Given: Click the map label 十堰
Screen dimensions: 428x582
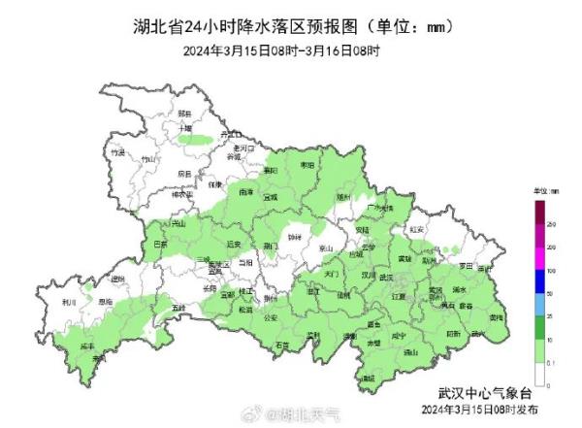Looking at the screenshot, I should (x=185, y=128).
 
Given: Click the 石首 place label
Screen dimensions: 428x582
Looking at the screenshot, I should (x=281, y=345).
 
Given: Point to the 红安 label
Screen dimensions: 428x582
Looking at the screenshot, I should (x=417, y=230).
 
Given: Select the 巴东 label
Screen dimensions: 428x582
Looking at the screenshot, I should (x=160, y=245).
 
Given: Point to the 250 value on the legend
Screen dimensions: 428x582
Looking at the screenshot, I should (x=552, y=224).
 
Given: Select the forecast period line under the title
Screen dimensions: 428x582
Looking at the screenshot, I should (x=291, y=50).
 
